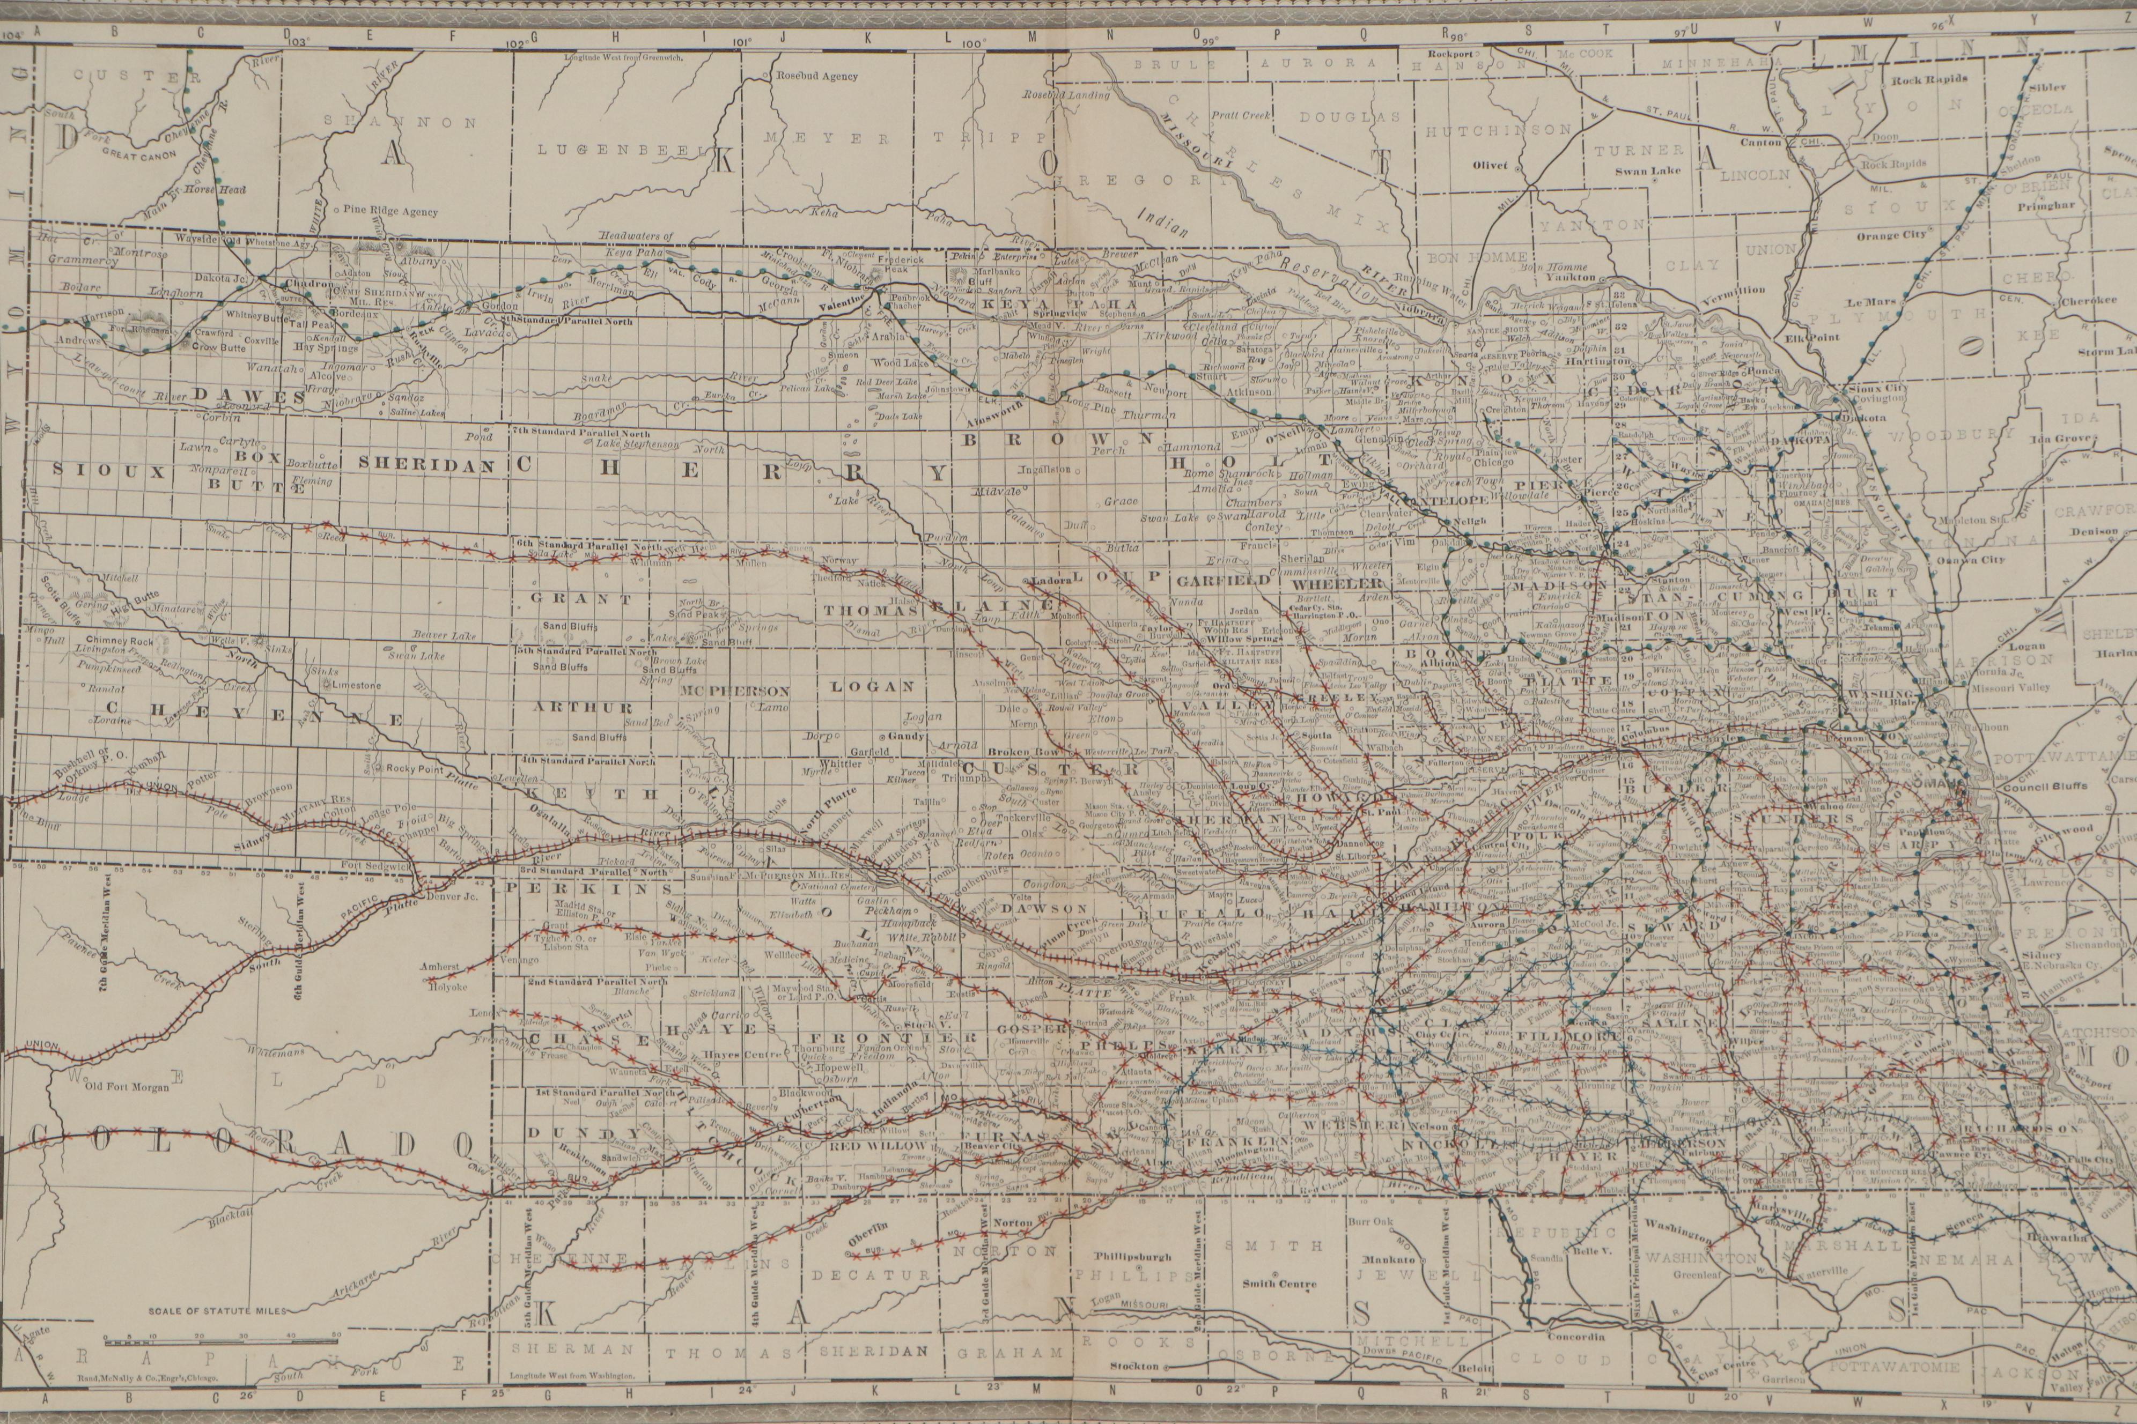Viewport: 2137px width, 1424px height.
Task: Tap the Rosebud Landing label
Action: [x=1066, y=94]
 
